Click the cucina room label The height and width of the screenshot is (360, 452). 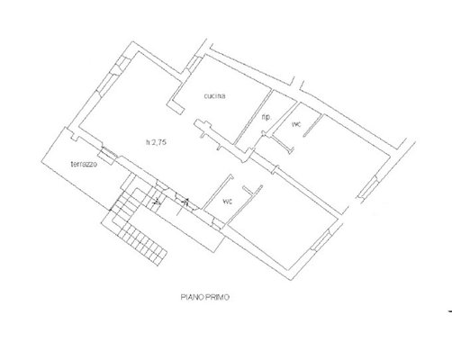(214, 96)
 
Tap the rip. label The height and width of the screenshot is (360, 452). (267, 118)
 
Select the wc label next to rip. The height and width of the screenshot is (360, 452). (296, 124)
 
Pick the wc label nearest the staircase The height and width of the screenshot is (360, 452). (228, 202)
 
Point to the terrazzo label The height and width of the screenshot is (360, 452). (84, 164)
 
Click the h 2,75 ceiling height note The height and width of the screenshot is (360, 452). (156, 142)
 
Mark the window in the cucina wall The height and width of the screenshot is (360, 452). (194, 64)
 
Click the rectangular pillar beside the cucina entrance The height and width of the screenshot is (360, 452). (176, 107)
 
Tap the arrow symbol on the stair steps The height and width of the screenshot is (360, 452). (157, 202)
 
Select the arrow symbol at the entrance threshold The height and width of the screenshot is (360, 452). (185, 203)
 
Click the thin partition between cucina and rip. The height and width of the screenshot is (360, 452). (251, 117)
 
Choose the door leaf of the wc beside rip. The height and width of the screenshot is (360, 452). (312, 126)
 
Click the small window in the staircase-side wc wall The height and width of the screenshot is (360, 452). (218, 223)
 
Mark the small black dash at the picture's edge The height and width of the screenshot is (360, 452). (450, 311)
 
